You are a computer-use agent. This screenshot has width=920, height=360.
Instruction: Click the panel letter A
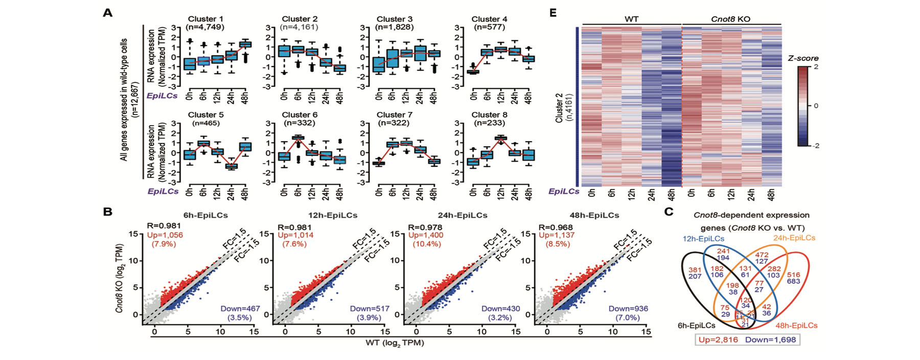[107, 13]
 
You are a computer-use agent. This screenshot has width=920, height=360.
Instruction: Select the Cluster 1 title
[205, 19]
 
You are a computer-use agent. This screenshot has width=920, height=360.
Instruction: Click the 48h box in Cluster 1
[245, 44]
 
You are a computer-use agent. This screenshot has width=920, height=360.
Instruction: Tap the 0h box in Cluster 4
[473, 72]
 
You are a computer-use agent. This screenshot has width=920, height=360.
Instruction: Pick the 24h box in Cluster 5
[232, 166]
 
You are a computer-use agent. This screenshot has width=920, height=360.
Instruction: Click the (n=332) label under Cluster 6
[300, 123]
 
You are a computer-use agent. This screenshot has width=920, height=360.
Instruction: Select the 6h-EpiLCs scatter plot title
[205, 215]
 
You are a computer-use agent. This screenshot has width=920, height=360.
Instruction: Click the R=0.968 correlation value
[556, 227]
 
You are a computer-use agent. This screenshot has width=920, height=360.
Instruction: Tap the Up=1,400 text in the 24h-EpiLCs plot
[426, 235]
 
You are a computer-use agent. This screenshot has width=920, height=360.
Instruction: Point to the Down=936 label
[628, 308]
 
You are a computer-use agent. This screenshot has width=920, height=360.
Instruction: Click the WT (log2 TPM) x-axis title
[395, 343]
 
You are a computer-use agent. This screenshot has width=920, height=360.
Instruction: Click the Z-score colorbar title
[803, 58]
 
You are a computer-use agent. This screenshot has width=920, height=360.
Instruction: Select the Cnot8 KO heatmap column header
[730, 19]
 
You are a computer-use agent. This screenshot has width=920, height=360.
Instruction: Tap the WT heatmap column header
[631, 19]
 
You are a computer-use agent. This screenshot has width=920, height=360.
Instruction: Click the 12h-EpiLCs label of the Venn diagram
[703, 238]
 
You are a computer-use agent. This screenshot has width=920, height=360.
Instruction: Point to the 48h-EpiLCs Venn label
[796, 325]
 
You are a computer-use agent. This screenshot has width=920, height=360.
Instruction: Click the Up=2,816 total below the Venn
[718, 340]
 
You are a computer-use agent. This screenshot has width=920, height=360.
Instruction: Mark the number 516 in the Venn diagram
[793, 275]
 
